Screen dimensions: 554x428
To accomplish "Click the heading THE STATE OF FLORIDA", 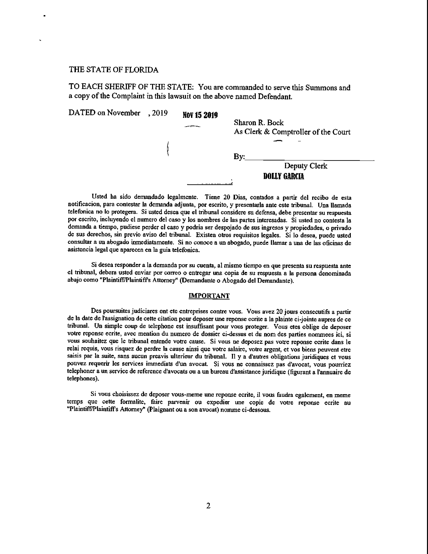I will click(x=114, y=70).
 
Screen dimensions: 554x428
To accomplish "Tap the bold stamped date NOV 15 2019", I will click(x=200, y=116).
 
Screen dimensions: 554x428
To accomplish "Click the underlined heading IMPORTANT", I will click(x=209, y=296).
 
